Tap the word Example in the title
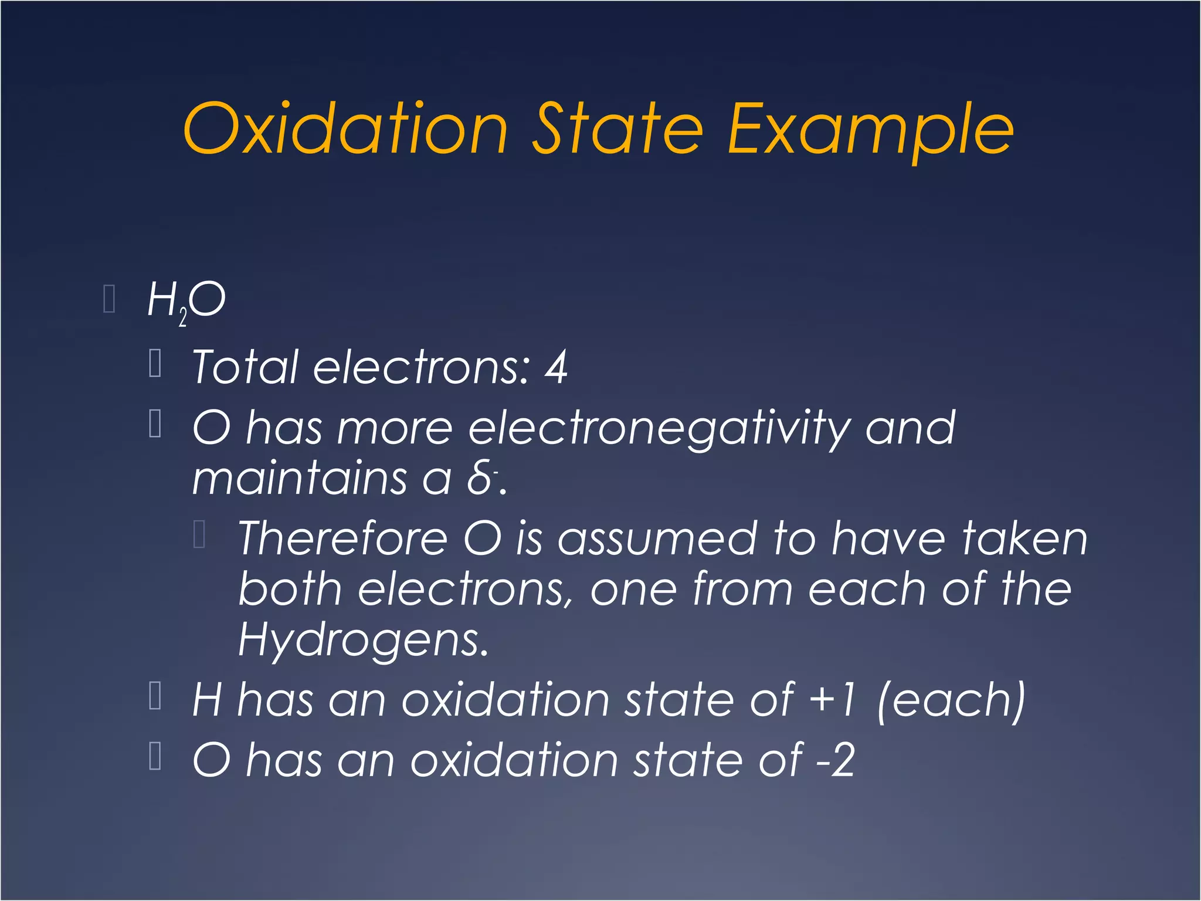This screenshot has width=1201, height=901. click(870, 130)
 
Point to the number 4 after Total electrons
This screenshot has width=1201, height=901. click(555, 367)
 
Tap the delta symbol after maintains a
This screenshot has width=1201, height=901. click(480, 479)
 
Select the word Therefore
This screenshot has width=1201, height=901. click(342, 538)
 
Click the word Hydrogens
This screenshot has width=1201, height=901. click(362, 641)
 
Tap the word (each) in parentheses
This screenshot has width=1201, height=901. click(951, 699)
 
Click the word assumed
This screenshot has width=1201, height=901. click(657, 538)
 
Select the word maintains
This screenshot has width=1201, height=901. click(299, 479)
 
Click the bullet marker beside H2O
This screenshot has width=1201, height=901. click(108, 299)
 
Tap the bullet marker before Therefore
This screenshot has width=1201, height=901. click(199, 534)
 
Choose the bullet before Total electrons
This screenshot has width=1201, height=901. click(155, 363)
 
